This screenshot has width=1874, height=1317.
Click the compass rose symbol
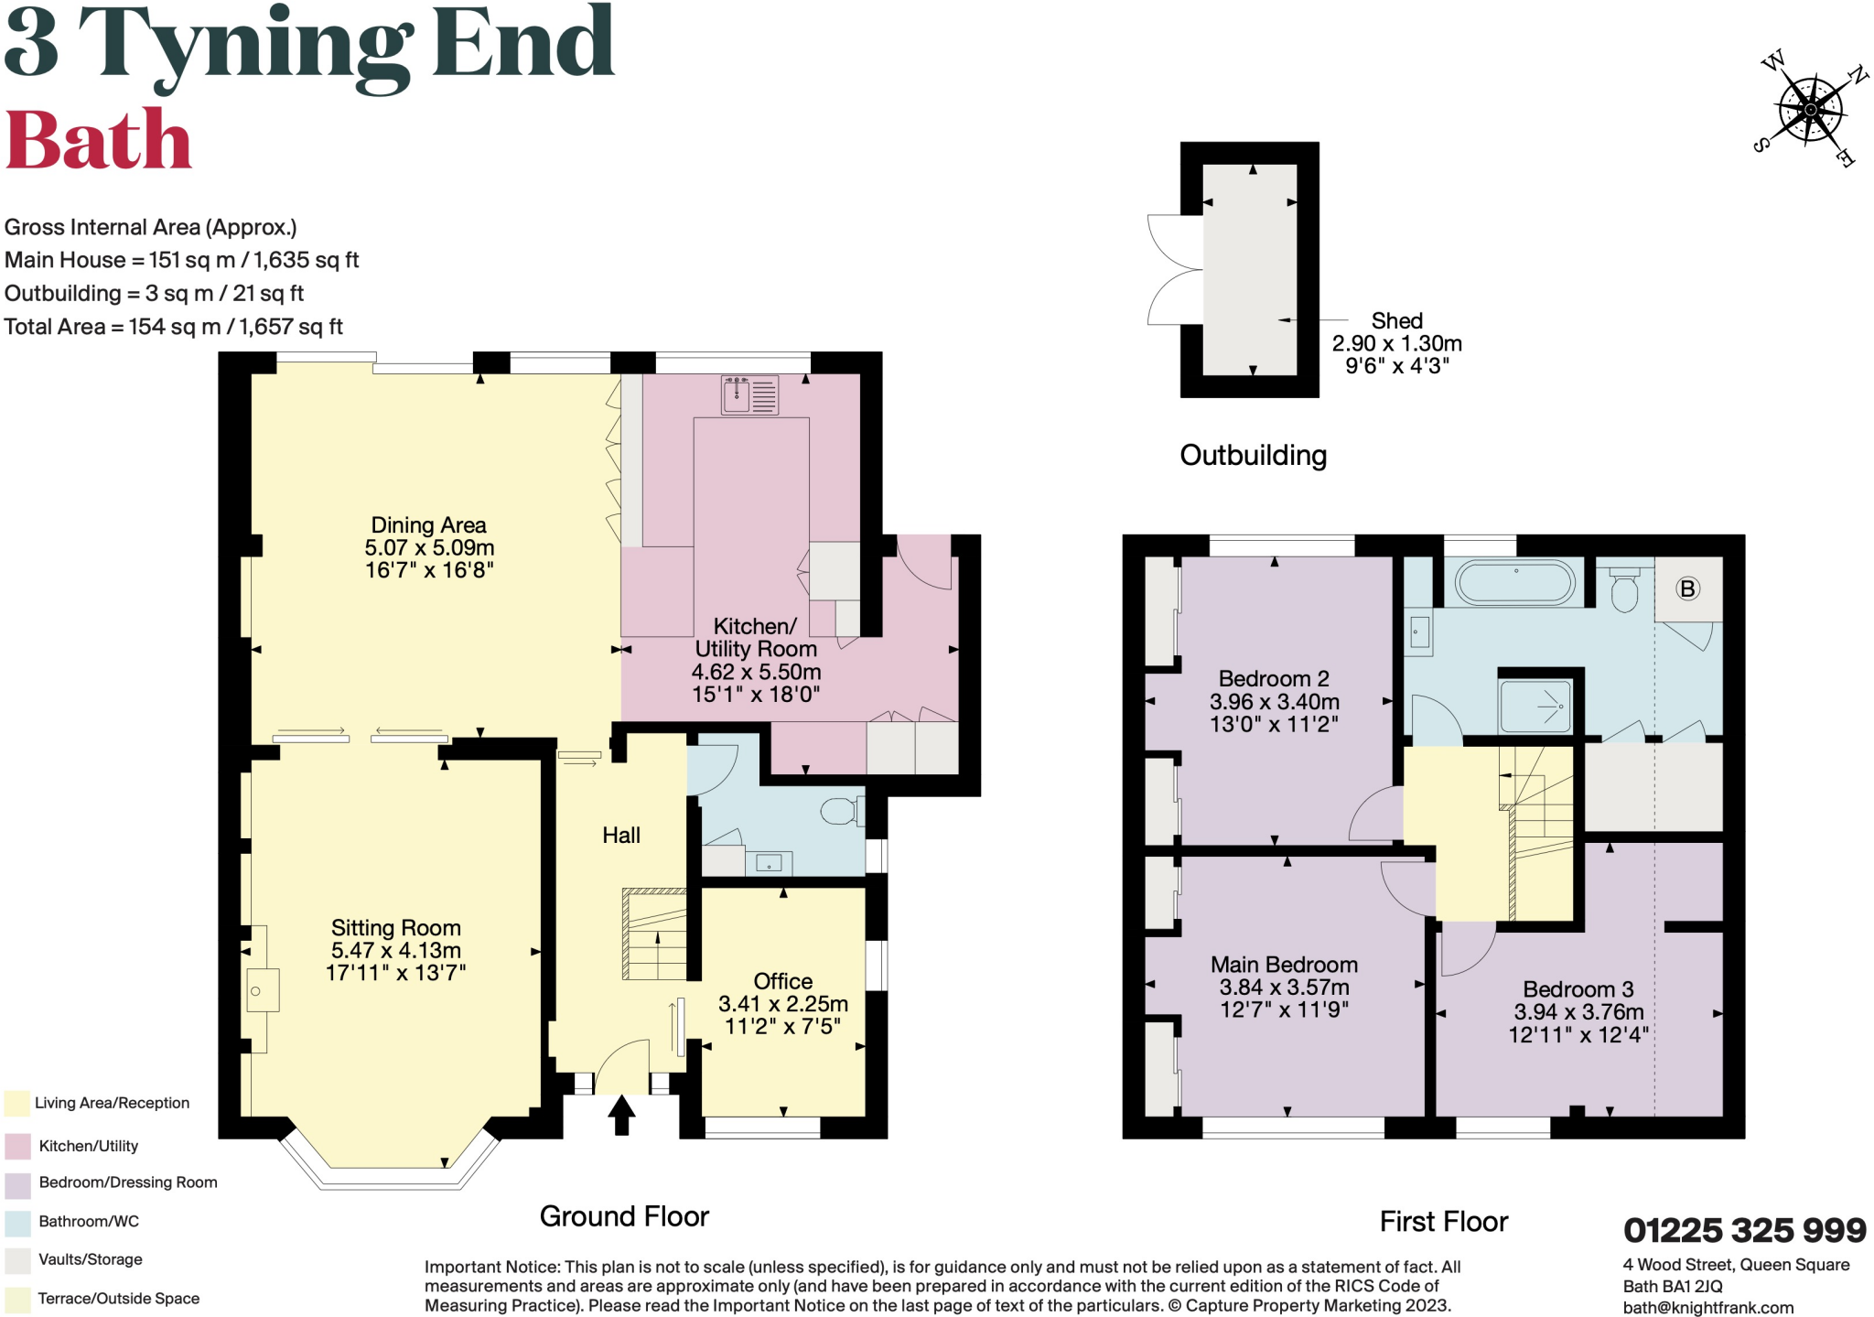pyautogui.click(x=1811, y=110)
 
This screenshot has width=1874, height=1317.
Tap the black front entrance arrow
pyautogui.click(x=621, y=1115)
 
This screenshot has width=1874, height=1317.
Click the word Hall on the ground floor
pyautogui.click(x=621, y=835)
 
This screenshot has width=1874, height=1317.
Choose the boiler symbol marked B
pyautogui.click(x=1688, y=588)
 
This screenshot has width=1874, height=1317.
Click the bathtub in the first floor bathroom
pyautogui.click(x=1515, y=582)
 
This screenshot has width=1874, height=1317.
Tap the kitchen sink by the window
pyautogui.click(x=749, y=395)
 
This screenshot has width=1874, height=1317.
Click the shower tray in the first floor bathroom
pyautogui.click(x=1535, y=706)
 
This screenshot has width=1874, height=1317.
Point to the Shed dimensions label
pyautogui.click(x=1397, y=343)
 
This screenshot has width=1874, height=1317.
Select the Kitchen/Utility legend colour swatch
pyautogui.click(x=17, y=1146)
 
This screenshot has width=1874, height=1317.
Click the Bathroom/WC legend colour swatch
pyautogui.click(x=17, y=1222)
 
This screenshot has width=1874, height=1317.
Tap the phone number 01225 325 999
pyautogui.click(x=1745, y=1230)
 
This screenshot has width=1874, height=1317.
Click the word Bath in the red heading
pyautogui.click(x=99, y=140)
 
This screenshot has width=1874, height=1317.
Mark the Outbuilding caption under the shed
pyautogui.click(x=1254, y=455)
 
